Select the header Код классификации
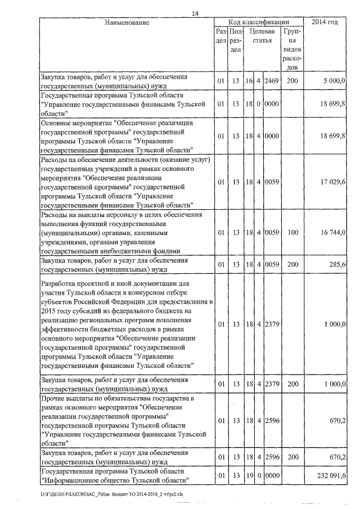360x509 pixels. pyautogui.click(x=258, y=22)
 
